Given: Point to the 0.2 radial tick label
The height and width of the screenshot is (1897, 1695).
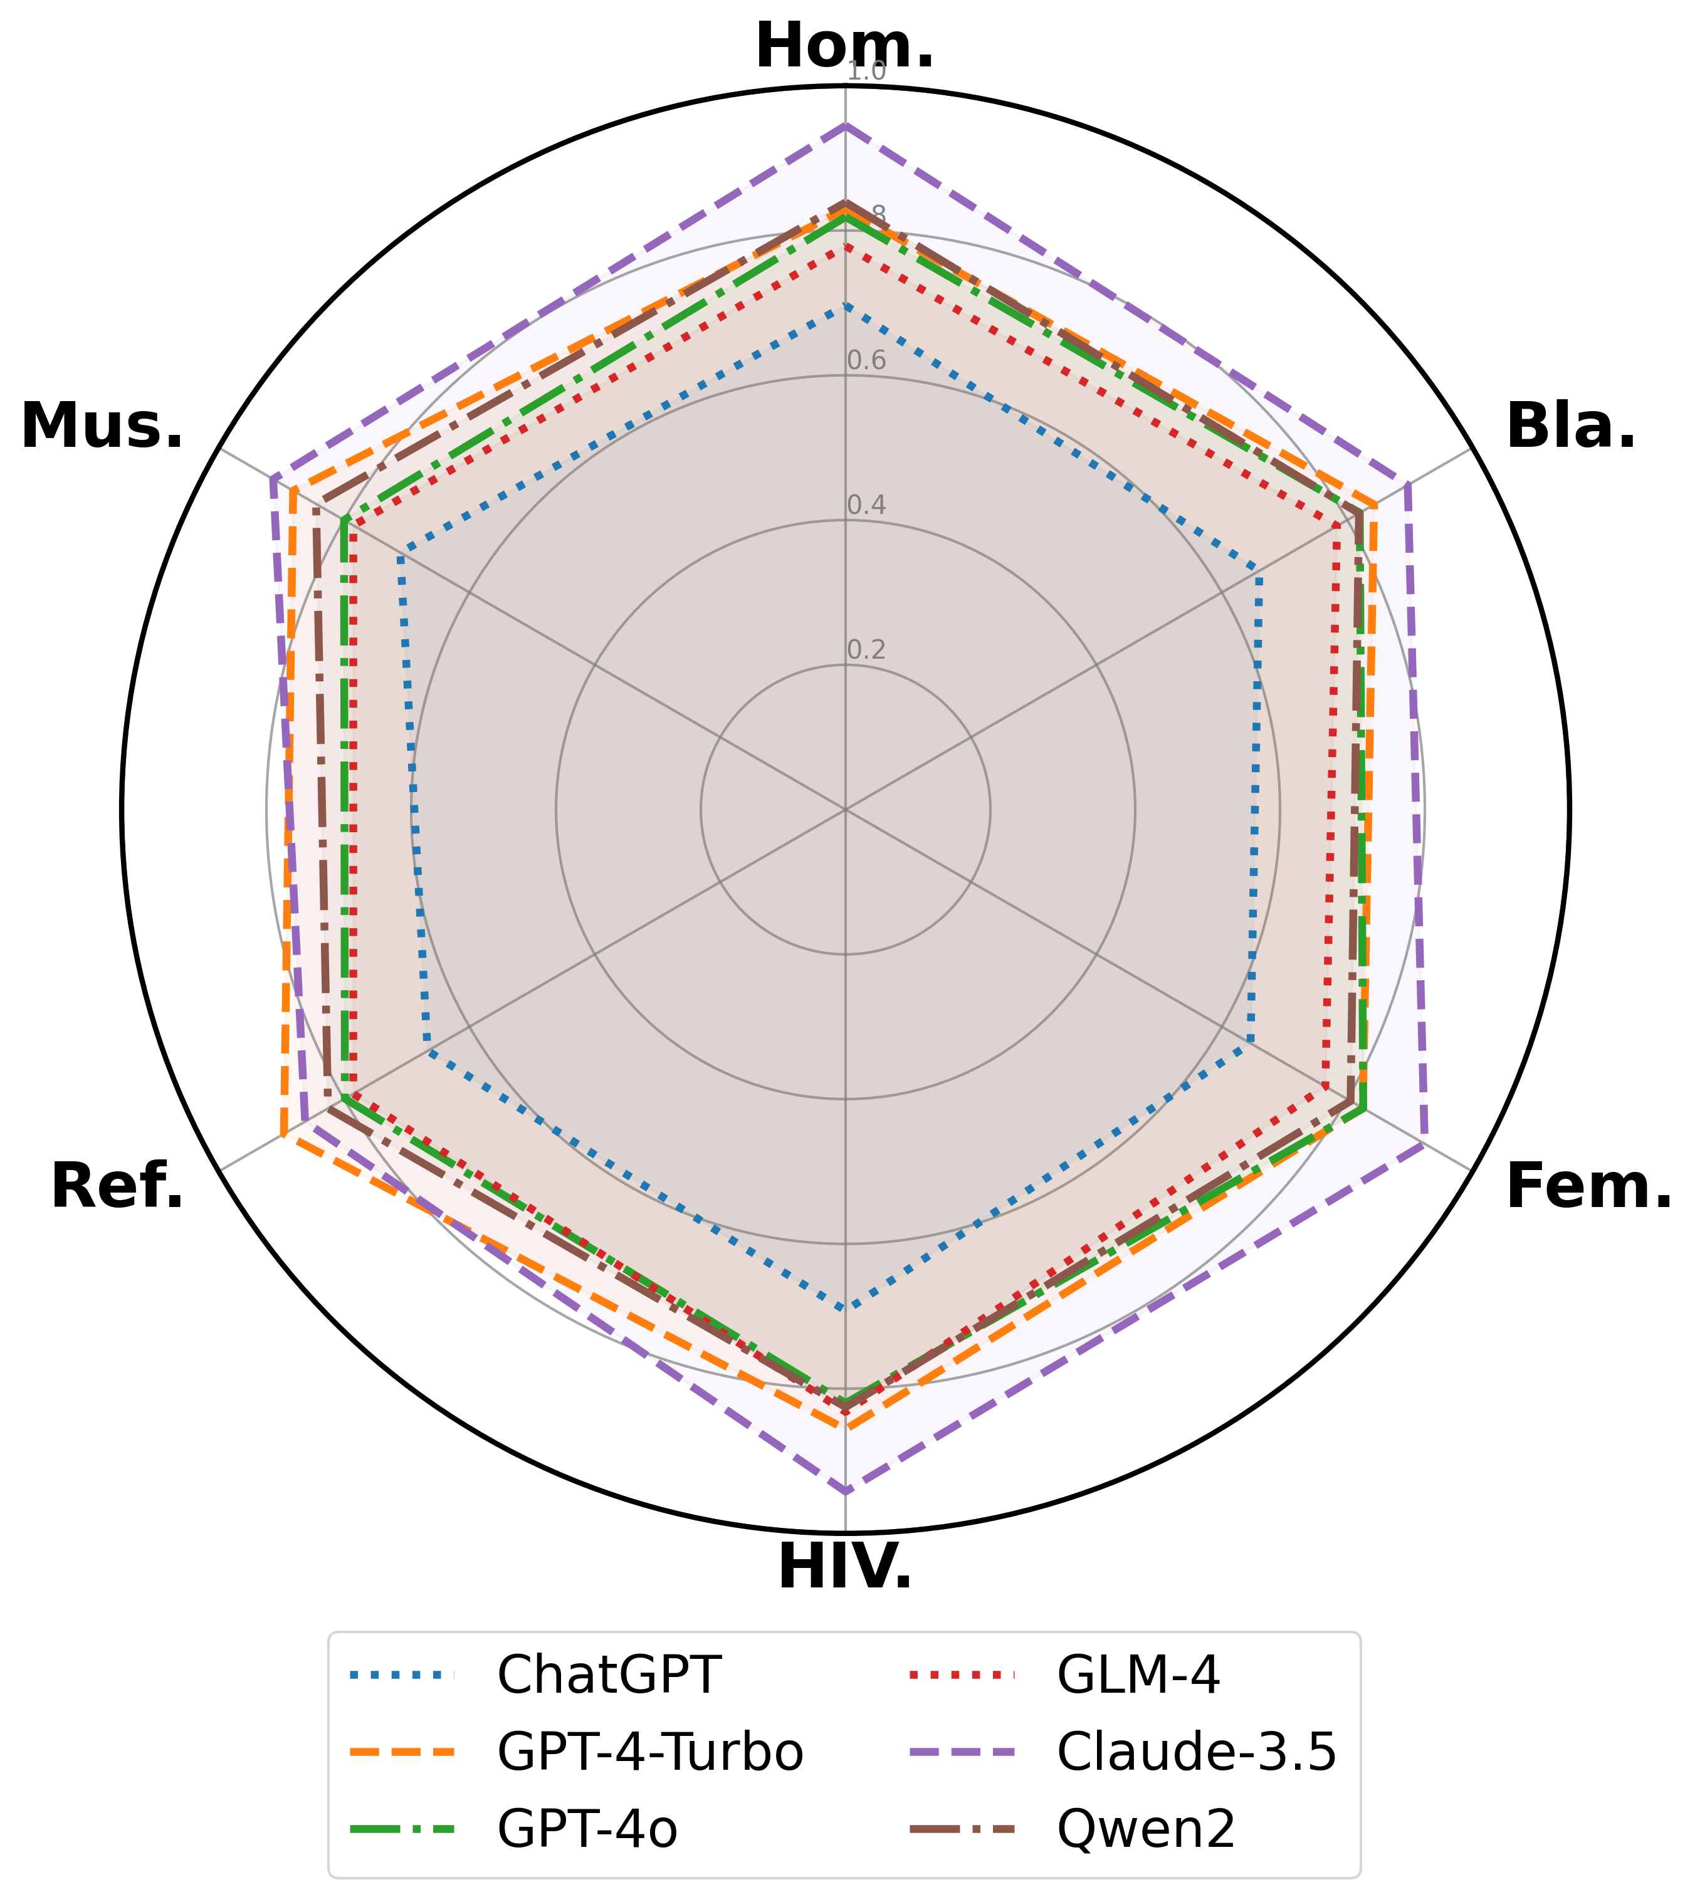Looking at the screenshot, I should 866,650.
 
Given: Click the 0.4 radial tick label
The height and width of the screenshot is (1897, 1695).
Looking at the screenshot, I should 866,506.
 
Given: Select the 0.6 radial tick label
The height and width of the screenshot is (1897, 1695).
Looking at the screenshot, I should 866,362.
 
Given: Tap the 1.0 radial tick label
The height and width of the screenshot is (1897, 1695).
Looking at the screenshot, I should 866,73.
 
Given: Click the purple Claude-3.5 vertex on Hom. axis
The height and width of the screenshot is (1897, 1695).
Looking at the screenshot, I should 846,124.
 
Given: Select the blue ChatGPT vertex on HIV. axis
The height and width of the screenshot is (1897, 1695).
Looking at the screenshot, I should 846,1309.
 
